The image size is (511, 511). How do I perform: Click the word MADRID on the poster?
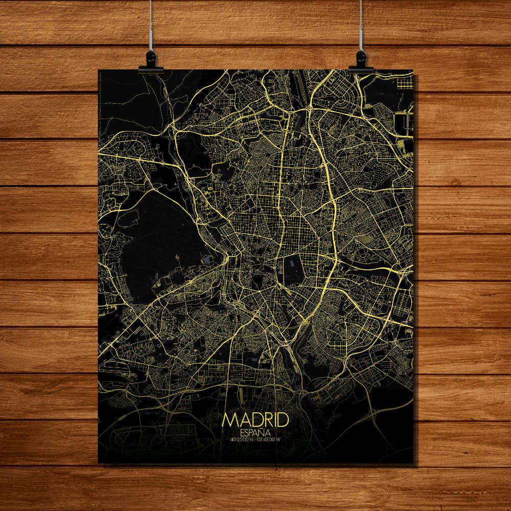(x=255, y=421)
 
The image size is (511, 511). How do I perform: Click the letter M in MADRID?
(x=229, y=421)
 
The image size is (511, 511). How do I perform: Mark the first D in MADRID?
(x=253, y=421)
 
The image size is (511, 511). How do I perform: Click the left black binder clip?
(x=151, y=62)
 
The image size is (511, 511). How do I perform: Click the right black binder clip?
(x=361, y=61)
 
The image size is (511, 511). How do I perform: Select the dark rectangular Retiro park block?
(x=293, y=270)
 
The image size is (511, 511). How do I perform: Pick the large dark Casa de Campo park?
(x=158, y=240)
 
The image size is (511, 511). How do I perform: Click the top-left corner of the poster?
(x=99, y=70)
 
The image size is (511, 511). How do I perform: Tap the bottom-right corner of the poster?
(x=412, y=463)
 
